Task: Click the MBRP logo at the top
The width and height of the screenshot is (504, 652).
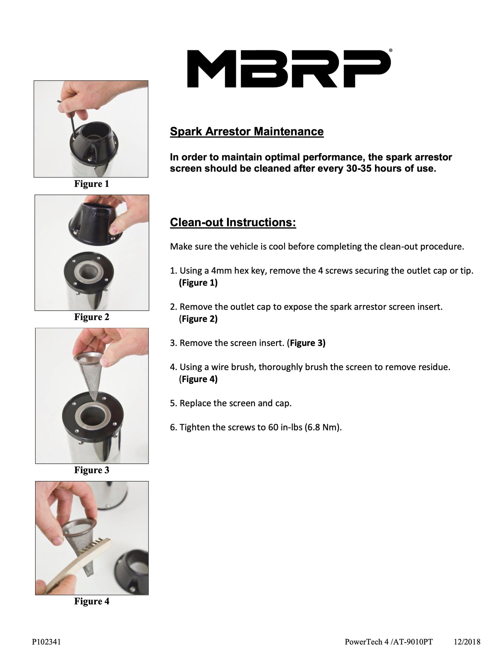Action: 289,68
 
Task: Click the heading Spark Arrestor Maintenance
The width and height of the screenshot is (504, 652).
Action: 247,131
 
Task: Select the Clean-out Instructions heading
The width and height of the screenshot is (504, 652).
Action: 233,222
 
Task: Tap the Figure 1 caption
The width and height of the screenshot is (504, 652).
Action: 91,184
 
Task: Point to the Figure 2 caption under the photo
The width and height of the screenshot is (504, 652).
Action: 91,317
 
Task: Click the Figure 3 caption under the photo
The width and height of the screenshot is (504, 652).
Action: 91,470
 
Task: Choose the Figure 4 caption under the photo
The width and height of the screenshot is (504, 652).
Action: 91,601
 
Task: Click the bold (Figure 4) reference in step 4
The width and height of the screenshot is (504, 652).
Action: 198,379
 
